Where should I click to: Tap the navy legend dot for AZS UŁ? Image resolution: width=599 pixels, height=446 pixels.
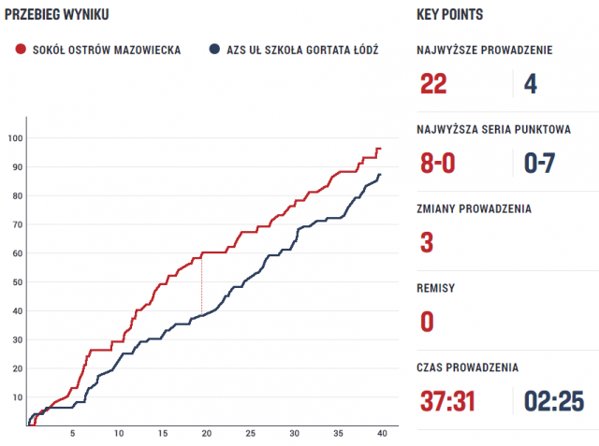[215, 50]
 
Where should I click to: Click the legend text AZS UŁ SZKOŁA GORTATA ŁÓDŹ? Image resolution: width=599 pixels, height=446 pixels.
[301, 50]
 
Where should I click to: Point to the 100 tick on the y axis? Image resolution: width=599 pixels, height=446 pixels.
[15, 138]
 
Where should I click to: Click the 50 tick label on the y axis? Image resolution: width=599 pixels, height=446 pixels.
[16, 282]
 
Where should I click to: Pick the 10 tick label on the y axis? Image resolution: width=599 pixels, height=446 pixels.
[16, 397]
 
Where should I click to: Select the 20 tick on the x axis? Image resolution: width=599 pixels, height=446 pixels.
[207, 434]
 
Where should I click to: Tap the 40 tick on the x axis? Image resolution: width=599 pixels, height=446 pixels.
[382, 434]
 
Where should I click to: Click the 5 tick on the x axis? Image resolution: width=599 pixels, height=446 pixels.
[73, 434]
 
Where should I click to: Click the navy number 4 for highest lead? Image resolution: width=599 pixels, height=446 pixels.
[531, 84]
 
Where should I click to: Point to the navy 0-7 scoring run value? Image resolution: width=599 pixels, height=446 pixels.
[540, 164]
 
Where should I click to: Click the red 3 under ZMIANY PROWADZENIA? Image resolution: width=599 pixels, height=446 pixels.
[427, 243]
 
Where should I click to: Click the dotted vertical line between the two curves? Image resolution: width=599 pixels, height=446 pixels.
[201, 285]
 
